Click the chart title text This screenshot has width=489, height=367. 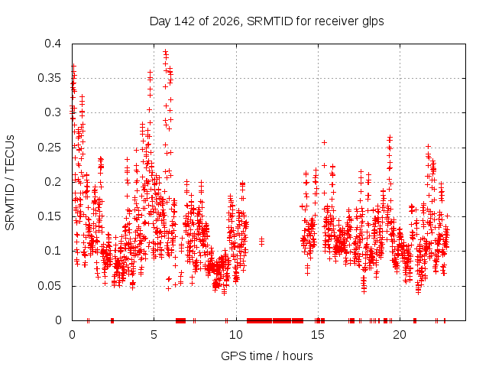tap(267, 21)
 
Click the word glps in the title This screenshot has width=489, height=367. tap(373, 22)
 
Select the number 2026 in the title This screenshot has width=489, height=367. tap(226, 21)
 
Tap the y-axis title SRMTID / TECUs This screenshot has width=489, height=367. tap(10, 183)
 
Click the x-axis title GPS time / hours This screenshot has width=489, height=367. tap(267, 356)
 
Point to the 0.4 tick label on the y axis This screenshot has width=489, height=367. tap(53, 44)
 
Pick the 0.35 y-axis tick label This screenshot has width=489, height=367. tap(49, 78)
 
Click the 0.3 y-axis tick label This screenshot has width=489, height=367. tap(53, 112)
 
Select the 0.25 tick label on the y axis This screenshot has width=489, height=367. tap(49, 148)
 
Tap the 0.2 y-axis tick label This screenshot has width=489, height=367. tap(53, 182)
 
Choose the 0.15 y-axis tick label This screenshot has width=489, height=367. tap(49, 216)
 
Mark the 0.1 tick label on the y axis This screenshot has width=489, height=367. tap(53, 251)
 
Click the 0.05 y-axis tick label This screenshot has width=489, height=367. tap(49, 285)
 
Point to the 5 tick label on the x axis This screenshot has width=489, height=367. tap(154, 335)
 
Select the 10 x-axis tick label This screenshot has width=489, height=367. tap(236, 335)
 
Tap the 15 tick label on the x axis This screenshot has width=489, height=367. tap(318, 335)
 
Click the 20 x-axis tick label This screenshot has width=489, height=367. tap(400, 335)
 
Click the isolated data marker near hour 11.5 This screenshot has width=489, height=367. tap(261, 242)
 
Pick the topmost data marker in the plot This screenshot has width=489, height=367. tap(166, 51)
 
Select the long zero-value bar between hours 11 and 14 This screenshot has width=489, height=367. tap(275, 320)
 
